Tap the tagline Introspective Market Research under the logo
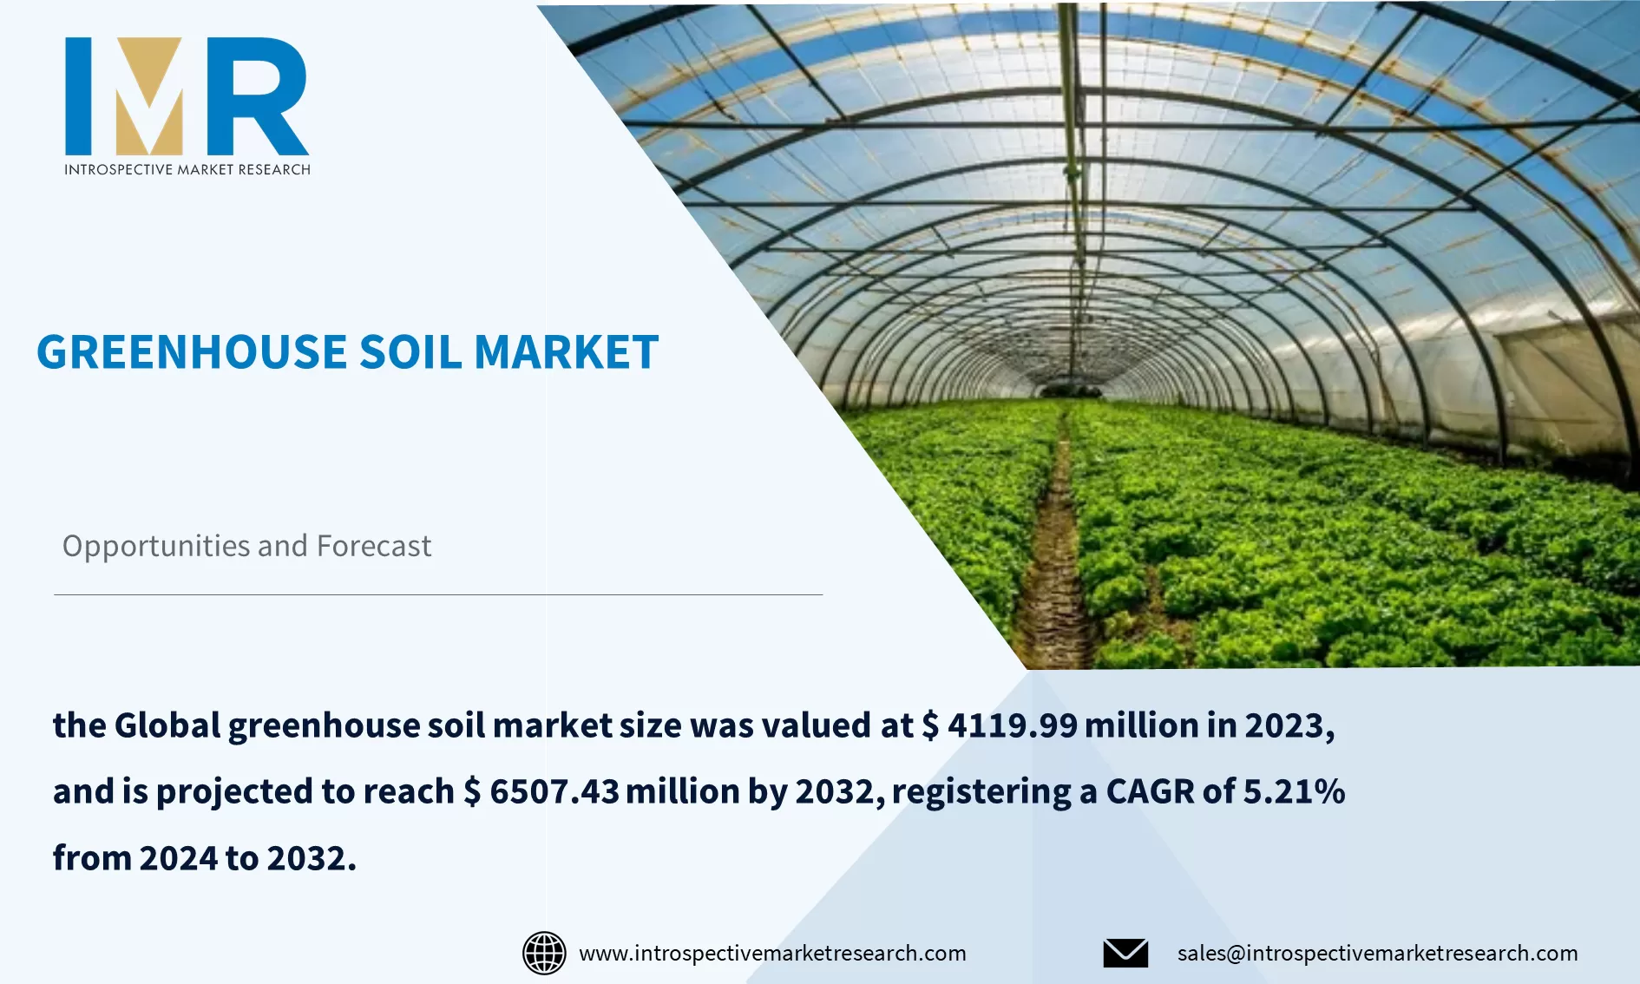[x=187, y=169]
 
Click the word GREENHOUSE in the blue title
[x=192, y=352]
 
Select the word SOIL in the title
[x=410, y=352]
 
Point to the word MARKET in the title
[x=567, y=352]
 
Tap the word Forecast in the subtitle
[x=374, y=546]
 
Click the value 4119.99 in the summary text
[x=1012, y=725]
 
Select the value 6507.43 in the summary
[x=554, y=791]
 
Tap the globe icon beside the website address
[x=544, y=953]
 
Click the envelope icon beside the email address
[x=1125, y=953]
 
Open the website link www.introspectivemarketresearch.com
[x=772, y=953]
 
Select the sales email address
[x=1377, y=953]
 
